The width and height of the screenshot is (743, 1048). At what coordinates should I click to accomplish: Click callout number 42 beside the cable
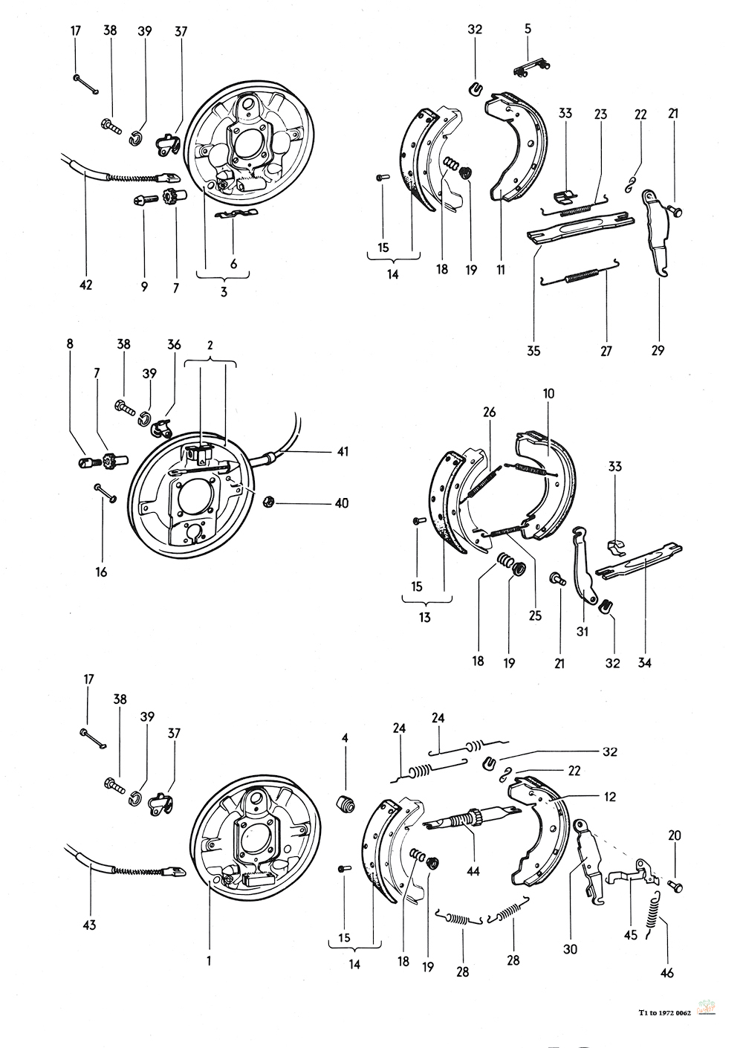click(x=86, y=285)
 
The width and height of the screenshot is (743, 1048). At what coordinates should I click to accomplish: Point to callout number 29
click(x=658, y=350)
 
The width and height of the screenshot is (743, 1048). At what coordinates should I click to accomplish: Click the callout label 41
click(x=342, y=451)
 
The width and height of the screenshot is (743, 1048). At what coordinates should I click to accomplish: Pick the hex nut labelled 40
click(x=270, y=502)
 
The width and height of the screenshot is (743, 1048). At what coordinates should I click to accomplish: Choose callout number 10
click(x=549, y=393)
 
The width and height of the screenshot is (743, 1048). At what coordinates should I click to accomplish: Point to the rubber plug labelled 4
click(x=345, y=803)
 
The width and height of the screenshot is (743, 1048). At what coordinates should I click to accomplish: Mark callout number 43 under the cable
click(x=90, y=925)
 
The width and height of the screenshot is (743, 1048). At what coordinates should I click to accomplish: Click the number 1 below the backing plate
click(x=209, y=960)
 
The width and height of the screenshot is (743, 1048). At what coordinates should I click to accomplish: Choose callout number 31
click(x=582, y=633)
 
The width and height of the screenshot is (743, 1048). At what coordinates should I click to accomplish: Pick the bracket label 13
click(x=424, y=617)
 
